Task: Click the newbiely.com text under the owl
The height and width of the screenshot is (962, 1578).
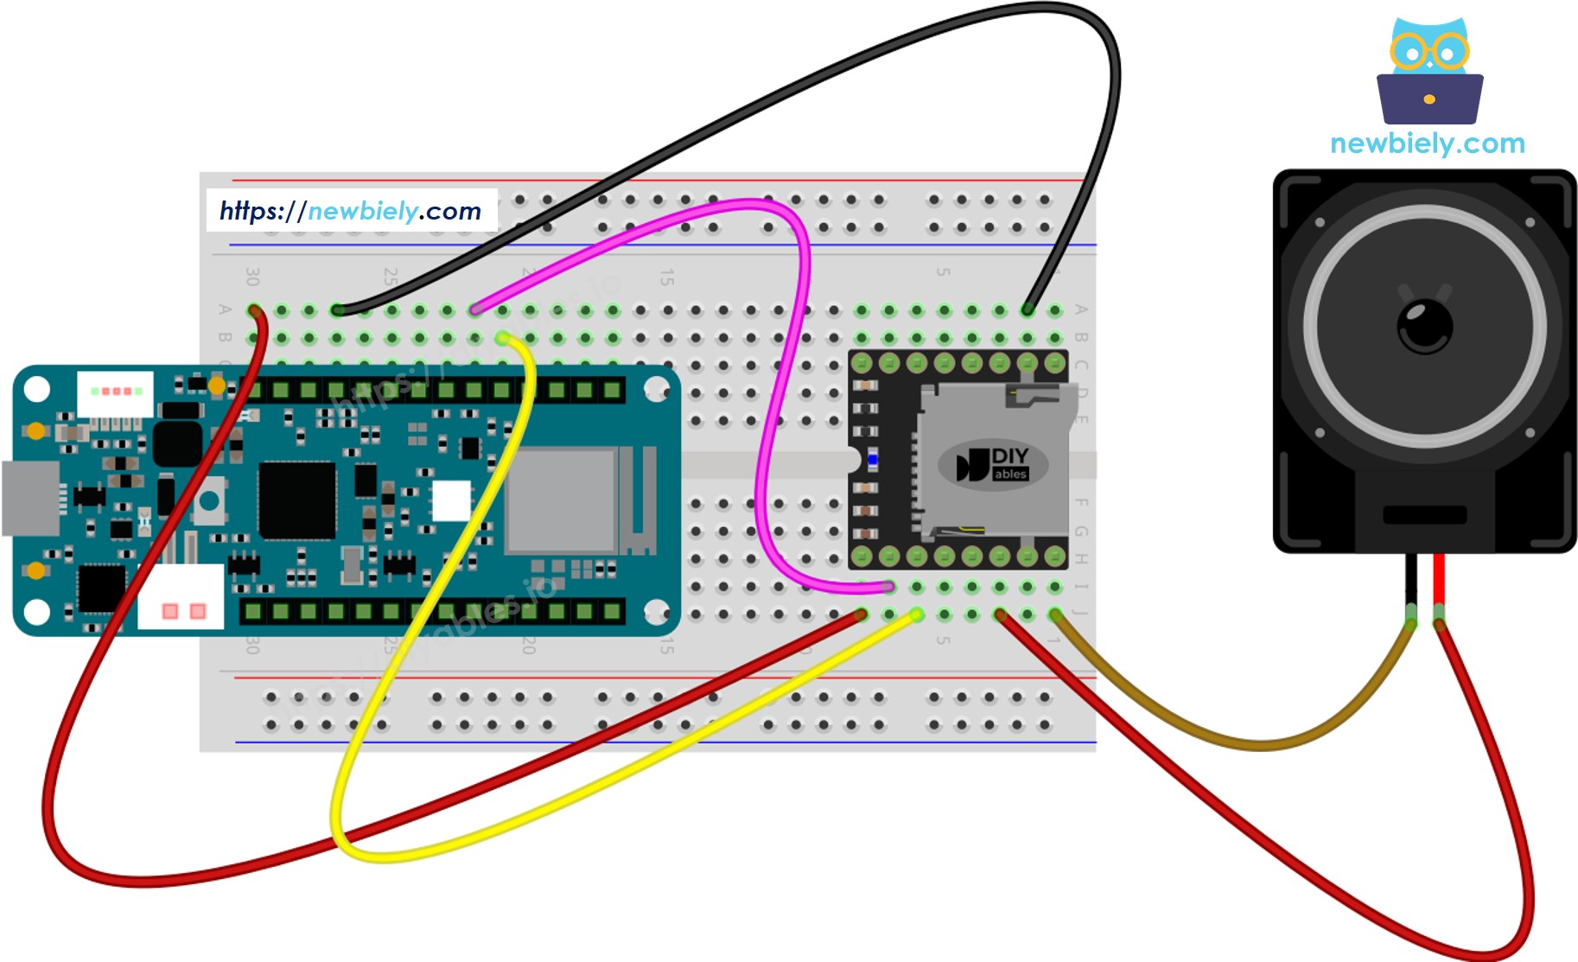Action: pos(1428,143)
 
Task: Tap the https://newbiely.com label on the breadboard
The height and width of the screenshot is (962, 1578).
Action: pos(351,210)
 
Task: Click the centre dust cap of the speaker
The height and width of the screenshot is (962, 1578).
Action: pos(1424,326)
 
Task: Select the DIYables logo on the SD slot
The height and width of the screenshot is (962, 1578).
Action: pos(993,464)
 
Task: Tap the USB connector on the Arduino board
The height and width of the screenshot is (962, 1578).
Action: pos(31,499)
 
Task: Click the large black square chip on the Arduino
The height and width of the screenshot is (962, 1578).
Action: pos(296,500)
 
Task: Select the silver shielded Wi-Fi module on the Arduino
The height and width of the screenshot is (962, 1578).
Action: pos(562,500)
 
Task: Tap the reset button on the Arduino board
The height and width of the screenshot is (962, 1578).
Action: pos(209,500)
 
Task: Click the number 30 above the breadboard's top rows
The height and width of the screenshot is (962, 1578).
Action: pos(251,277)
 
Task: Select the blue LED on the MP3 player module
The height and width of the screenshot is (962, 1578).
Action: pos(873,460)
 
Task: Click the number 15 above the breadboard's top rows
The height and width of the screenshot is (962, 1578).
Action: pos(666,277)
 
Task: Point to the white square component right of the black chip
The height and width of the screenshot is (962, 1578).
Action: pos(451,500)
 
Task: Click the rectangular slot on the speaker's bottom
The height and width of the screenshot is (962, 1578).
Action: pos(1424,515)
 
